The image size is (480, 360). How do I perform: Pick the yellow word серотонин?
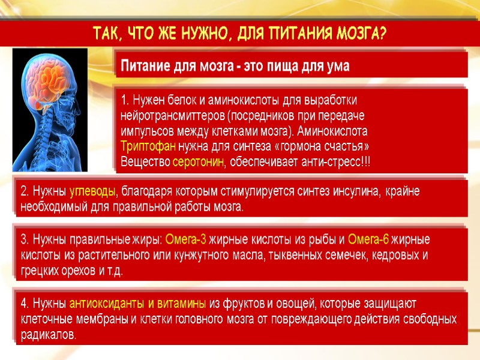[198, 162]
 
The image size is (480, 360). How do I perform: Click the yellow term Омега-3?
[185, 240]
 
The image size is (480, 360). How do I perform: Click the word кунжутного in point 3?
[230, 256]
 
